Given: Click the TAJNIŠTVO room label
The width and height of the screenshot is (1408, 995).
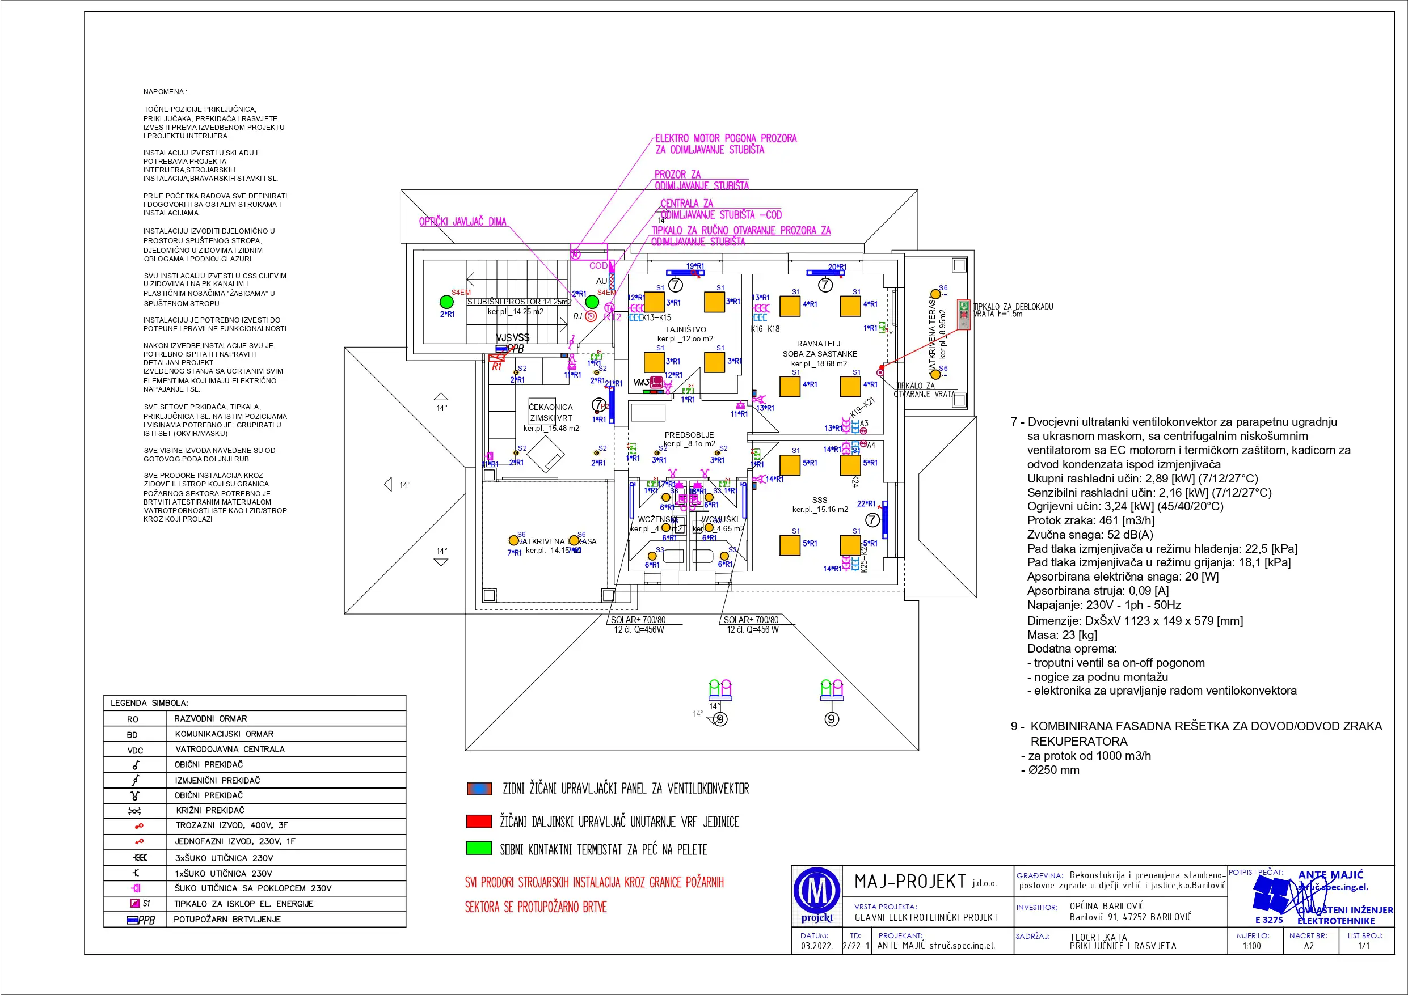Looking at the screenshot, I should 686,329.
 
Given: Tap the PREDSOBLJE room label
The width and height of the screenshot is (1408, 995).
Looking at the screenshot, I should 689,435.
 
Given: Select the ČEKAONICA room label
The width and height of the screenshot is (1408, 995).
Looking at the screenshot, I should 551,407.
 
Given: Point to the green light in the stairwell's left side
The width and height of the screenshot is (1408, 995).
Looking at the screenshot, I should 446,302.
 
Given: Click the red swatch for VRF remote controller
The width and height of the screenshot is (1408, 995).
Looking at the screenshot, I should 479,822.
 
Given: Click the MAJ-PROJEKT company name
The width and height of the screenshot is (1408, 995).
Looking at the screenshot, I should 910,882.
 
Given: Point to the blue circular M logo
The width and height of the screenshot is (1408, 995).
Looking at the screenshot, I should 817,891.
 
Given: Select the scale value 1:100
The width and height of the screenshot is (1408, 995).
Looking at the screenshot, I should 1251,946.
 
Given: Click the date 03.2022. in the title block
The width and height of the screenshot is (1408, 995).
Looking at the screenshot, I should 816,946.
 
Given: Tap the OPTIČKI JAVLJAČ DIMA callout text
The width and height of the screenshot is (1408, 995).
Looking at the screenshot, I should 462,222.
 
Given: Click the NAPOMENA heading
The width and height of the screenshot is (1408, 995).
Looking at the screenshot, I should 165,92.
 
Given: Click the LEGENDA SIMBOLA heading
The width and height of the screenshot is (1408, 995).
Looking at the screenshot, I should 149,703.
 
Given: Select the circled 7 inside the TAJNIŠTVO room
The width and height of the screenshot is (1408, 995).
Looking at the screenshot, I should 675,285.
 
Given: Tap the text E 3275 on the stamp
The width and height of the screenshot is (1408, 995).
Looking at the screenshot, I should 1269,920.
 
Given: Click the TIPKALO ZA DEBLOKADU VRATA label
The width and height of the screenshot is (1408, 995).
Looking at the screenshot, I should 1013,310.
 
